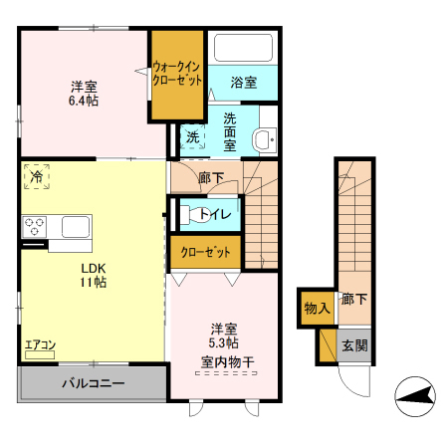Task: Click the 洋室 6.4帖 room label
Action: (83, 93)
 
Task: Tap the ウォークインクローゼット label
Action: (178, 76)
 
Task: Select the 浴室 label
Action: (244, 83)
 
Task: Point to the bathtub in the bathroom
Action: (243, 50)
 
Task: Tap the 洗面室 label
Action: (230, 130)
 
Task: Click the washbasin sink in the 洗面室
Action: (264, 140)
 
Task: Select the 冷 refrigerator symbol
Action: (36, 176)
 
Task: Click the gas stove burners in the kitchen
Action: (35, 226)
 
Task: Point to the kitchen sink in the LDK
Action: (76, 226)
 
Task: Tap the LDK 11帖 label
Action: (95, 275)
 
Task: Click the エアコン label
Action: (41, 345)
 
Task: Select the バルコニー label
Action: (94, 383)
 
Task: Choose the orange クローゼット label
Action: (205, 253)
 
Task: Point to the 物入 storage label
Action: (317, 309)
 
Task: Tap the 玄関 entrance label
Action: (354, 345)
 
